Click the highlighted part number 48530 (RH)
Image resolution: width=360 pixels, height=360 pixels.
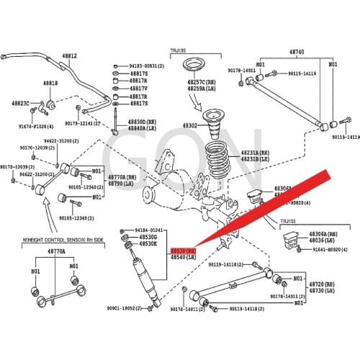tap(181, 250)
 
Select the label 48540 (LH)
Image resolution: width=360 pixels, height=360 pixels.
tap(181, 257)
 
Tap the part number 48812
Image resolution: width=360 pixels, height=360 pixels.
tap(68, 55)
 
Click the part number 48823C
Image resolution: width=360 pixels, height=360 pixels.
tap(21, 103)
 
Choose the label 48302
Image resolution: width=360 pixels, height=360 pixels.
tap(189, 125)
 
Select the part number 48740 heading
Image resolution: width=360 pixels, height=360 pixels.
tap(297, 53)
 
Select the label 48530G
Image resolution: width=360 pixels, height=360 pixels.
tap(148, 237)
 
